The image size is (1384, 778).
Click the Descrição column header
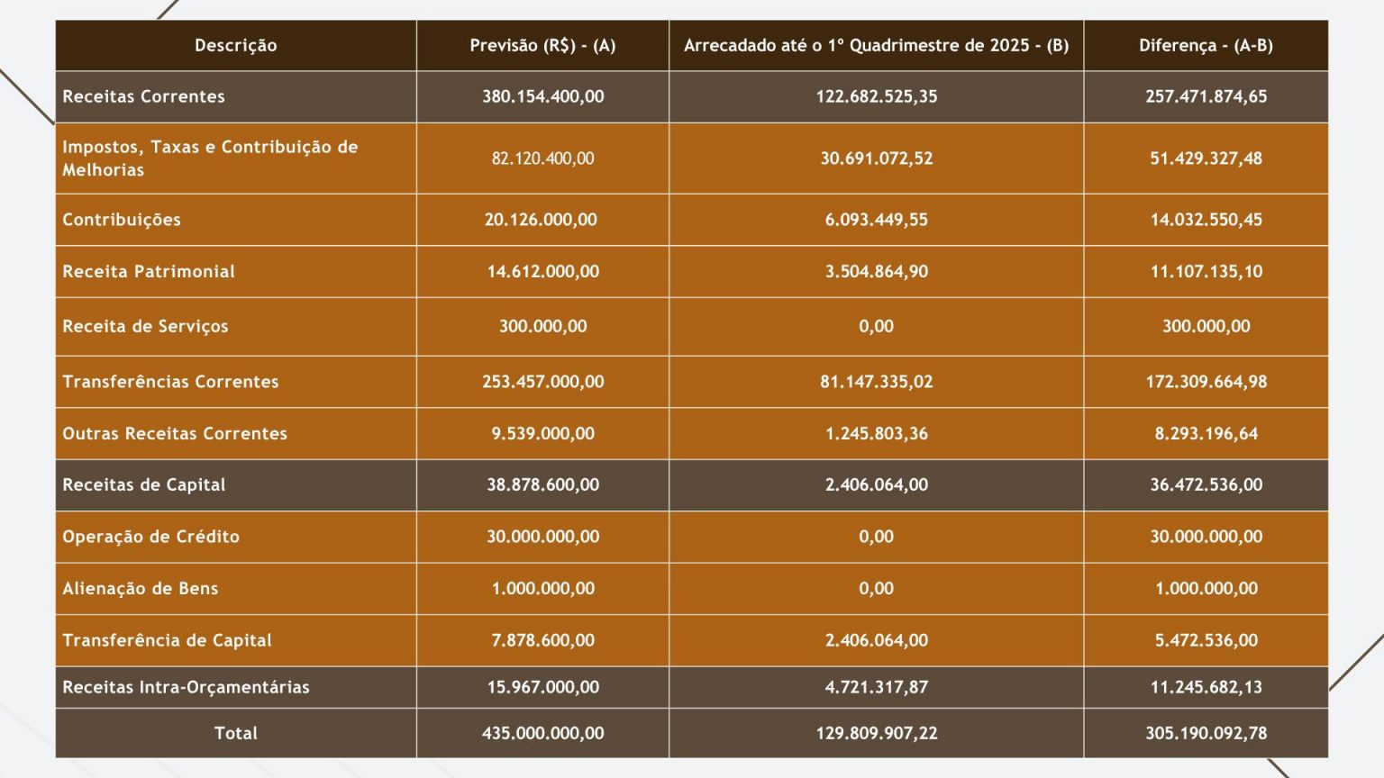(235, 46)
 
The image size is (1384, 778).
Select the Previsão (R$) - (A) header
(542, 46)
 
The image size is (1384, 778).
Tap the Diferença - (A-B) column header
(1206, 46)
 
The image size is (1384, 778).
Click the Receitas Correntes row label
(143, 96)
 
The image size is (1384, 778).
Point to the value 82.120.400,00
(542, 158)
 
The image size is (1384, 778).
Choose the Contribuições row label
(121, 220)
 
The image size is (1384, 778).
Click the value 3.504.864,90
(876, 272)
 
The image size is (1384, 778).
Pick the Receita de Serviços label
(145, 326)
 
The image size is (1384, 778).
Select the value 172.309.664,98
(1206, 382)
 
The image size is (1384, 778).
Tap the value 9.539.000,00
(542, 433)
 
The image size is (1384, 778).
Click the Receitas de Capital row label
(144, 484)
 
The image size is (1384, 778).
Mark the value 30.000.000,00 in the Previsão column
(542, 537)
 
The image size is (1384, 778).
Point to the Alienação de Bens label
(141, 588)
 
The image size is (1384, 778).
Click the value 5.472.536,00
(1206, 640)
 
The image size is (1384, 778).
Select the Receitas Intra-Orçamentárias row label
(186, 687)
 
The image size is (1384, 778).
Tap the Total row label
(235, 733)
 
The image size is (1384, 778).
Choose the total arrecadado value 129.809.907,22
(876, 733)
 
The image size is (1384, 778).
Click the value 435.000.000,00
(542, 733)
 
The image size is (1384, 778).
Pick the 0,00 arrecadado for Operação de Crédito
(876, 537)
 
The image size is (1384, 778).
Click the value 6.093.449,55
(876, 220)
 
